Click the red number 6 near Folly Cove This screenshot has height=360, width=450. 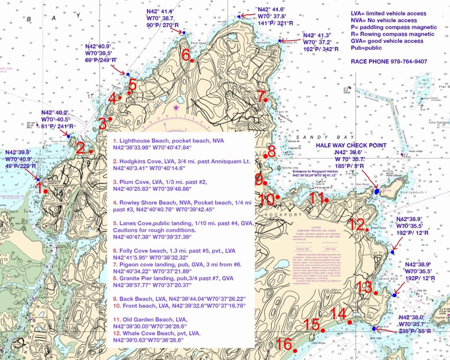186,55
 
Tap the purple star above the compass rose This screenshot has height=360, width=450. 176,107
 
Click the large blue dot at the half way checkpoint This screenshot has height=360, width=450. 377,192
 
